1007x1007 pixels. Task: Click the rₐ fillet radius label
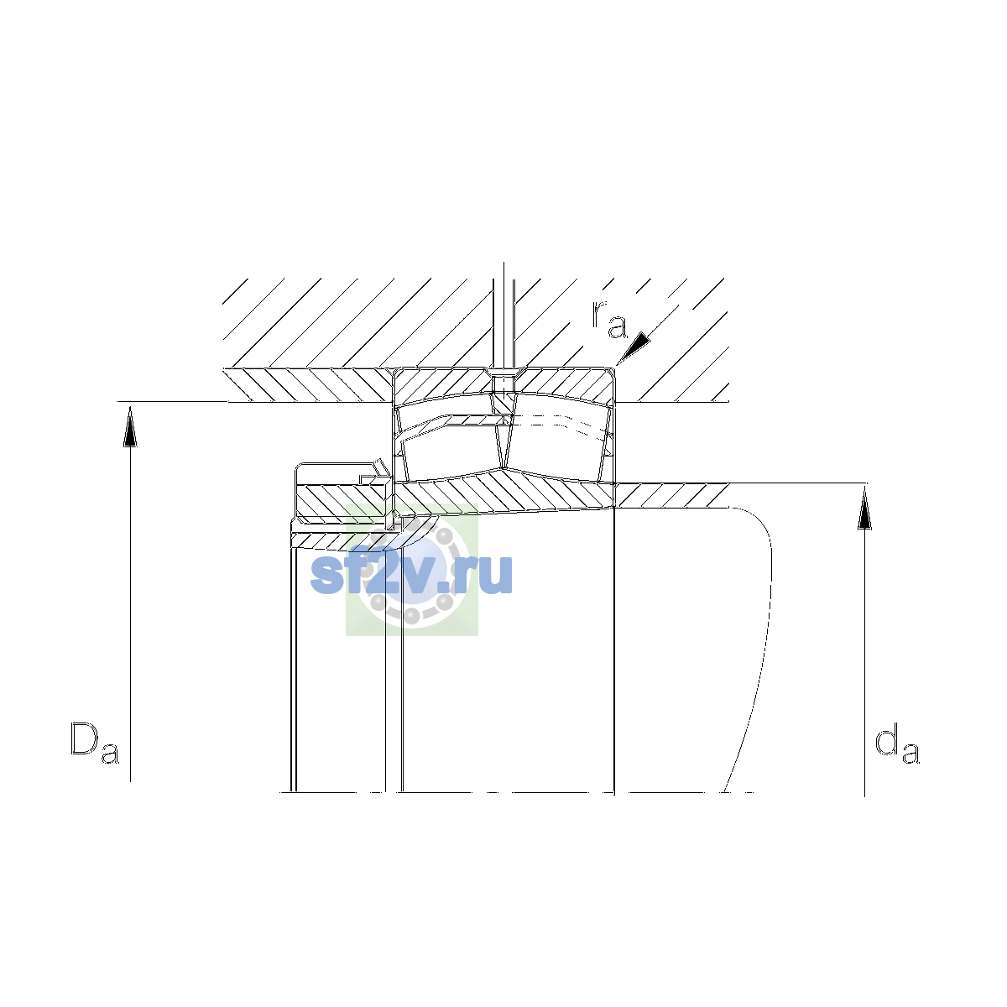click(609, 320)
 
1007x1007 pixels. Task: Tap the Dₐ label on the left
click(95, 743)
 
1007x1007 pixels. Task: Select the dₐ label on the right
click(897, 743)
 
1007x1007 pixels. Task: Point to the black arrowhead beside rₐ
click(634, 347)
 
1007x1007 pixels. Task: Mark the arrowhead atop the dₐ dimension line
click(865, 509)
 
